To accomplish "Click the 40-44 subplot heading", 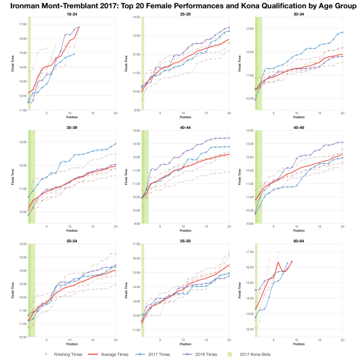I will pos(185,127).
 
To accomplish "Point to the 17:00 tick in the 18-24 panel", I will pos(23,25).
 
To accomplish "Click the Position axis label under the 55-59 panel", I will pos(185,344).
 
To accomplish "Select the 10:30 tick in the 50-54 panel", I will pos(23,337).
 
